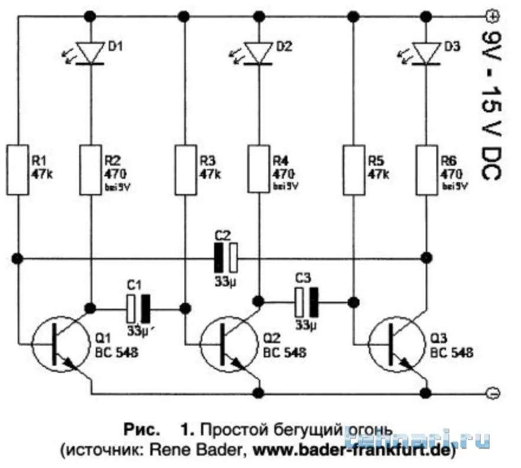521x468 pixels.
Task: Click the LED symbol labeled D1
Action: (91, 52)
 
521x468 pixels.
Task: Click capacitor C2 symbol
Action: (225, 258)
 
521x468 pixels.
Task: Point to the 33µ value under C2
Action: (225, 280)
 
